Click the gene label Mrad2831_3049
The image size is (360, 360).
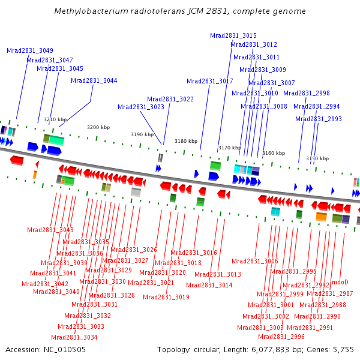(30, 50)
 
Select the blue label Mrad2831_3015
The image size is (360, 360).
(233, 35)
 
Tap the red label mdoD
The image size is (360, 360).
(340, 282)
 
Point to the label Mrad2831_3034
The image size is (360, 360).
(74, 337)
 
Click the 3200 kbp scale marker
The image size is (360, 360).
(98, 127)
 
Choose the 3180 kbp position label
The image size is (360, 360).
(186, 141)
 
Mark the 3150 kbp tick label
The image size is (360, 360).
(317, 158)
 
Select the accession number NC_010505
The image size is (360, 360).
(65, 350)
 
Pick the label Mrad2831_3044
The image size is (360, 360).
(94, 80)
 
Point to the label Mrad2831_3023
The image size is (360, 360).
(141, 107)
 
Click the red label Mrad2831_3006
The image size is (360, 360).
(255, 261)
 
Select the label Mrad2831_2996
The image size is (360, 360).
(281, 337)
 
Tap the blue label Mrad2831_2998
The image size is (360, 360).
(307, 93)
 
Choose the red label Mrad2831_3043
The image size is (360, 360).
(50, 230)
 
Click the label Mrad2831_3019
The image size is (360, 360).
(166, 297)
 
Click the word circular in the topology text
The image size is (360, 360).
(207, 350)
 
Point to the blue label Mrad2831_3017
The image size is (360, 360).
(210, 81)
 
